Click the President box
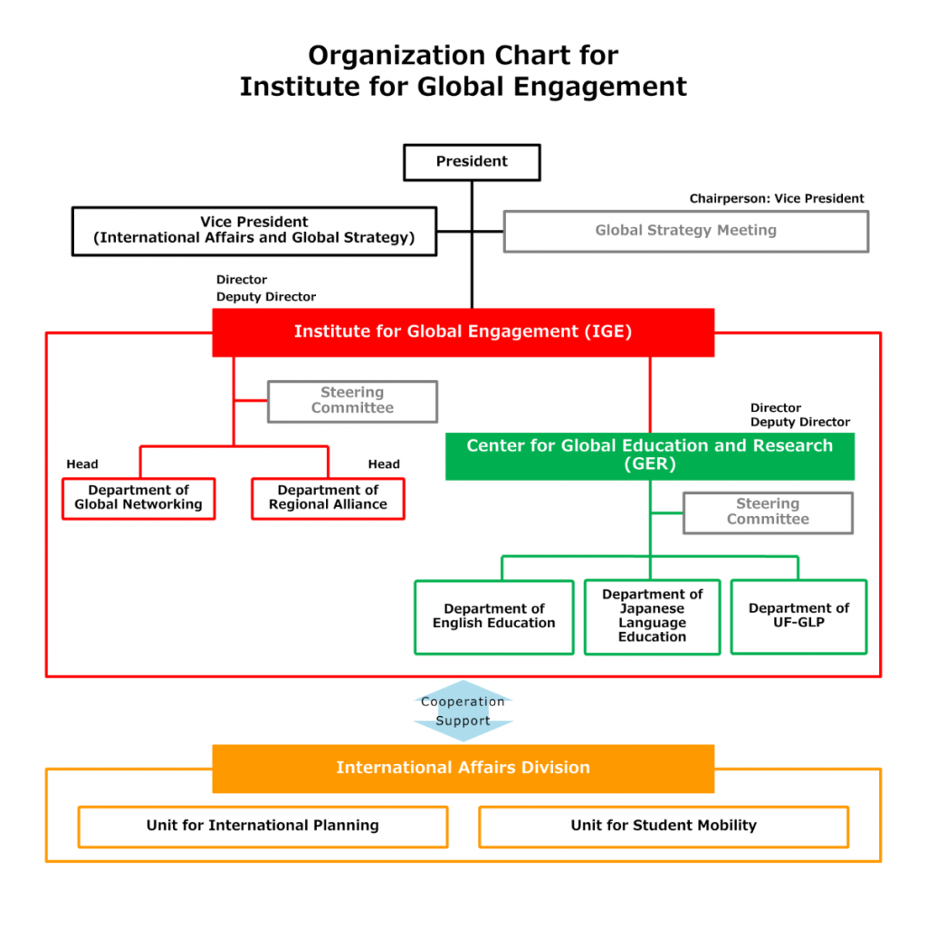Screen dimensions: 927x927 472,162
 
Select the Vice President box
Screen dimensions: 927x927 254,231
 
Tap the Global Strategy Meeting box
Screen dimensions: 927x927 686,231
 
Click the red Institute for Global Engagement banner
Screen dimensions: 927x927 463,332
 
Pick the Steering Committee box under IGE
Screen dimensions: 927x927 352,401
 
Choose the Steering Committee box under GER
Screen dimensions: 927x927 768,512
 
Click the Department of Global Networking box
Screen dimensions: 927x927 139,499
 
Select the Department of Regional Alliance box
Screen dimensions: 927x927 328,499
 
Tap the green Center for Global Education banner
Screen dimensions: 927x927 650,456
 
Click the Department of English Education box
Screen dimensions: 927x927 494,616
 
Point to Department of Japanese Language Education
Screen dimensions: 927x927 652,616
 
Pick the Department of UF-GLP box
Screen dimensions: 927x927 798,616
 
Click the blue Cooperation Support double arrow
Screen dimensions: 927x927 463,711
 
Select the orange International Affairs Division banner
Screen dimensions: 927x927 463,768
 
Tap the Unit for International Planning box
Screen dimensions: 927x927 263,827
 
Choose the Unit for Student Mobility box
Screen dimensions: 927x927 664,827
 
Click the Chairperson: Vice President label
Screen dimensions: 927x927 776,198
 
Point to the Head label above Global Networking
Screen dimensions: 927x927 82,464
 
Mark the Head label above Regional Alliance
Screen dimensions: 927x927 384,464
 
